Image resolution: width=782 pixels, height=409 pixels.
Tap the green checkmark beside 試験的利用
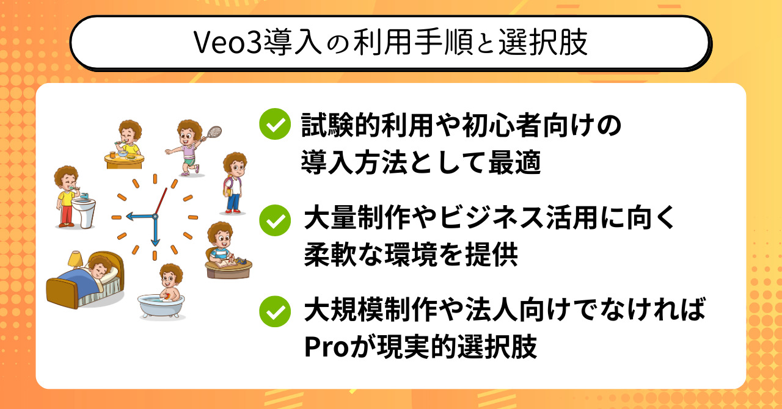(275, 124)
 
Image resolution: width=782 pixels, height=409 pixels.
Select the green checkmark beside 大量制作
(275, 220)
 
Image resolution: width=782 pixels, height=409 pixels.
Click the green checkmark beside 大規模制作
(275, 311)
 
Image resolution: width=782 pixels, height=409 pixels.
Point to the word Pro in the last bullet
(327, 347)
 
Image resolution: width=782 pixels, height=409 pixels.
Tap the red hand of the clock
(161, 201)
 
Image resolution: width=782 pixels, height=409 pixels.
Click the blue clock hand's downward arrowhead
(155, 242)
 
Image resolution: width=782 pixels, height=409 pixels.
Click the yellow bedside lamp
(75, 259)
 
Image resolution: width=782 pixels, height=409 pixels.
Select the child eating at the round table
(128, 137)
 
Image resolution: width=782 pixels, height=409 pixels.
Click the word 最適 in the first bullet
(514, 162)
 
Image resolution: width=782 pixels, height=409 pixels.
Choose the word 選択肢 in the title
(543, 43)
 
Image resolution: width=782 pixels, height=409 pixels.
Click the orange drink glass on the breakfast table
(112, 154)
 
